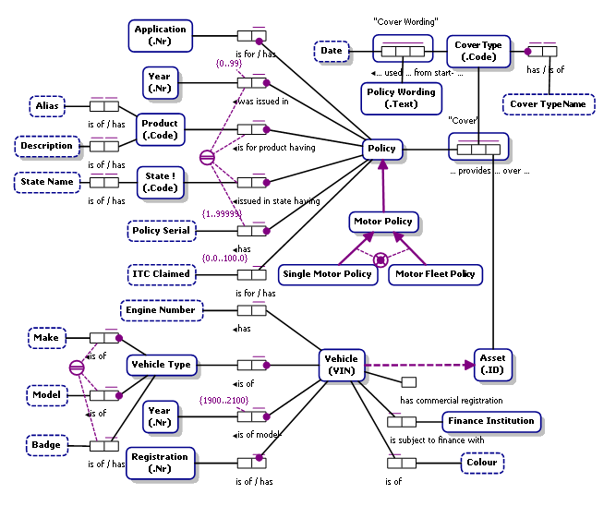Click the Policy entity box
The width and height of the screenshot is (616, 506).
point(380,149)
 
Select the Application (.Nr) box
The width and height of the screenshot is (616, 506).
point(160,35)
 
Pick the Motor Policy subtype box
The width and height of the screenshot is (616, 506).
point(383,222)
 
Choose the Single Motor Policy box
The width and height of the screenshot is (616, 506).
point(326,274)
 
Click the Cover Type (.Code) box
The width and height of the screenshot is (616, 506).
point(478,50)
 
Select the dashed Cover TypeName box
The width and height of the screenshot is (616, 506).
point(549,104)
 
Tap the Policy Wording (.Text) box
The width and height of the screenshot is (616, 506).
point(401,98)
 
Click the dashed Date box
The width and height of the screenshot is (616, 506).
point(330,52)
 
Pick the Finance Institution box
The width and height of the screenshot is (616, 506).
point(489,421)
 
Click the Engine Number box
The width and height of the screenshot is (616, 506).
point(159,310)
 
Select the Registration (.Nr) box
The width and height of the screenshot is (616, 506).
point(160,463)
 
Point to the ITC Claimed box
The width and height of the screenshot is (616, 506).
point(159,273)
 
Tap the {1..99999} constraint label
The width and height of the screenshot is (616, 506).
point(222,213)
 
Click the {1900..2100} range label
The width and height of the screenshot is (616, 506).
point(223,401)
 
